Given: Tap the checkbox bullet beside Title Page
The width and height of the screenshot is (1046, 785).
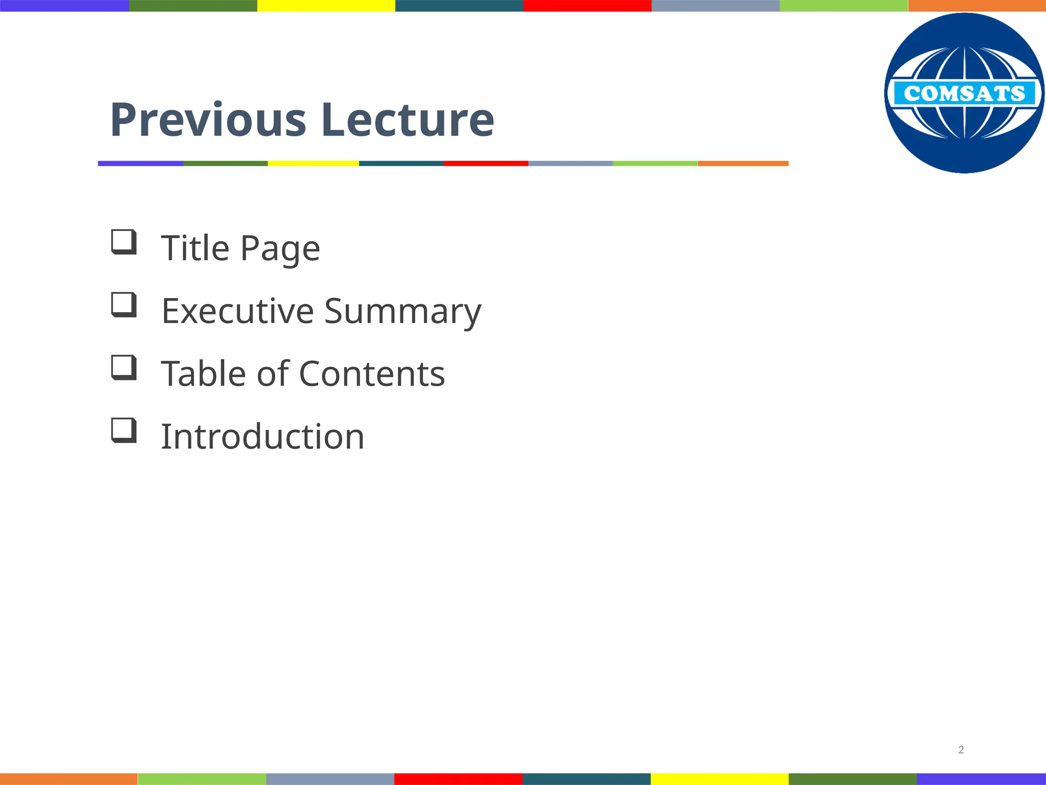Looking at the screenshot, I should click(124, 242).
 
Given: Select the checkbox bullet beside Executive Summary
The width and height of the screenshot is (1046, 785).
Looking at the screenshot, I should click(124, 305).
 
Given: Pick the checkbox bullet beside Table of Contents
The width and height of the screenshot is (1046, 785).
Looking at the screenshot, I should click(124, 367).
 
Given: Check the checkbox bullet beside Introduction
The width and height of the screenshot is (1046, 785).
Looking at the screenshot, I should click(124, 430).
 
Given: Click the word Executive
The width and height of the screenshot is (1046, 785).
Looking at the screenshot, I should click(237, 311).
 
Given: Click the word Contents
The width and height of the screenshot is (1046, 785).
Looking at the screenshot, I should click(372, 374).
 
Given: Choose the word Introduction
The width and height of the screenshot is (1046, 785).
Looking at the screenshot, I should click(263, 437).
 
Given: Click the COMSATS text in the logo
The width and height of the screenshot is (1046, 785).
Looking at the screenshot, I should click(964, 94).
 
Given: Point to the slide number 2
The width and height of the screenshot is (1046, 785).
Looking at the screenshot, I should click(961, 750).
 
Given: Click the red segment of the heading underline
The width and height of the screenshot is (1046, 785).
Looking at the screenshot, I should click(485, 164).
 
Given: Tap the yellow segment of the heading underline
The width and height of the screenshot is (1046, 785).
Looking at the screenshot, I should click(313, 164).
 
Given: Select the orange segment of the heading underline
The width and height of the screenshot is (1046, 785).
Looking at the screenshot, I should click(743, 164).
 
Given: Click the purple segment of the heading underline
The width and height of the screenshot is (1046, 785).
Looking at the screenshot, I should click(140, 164).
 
